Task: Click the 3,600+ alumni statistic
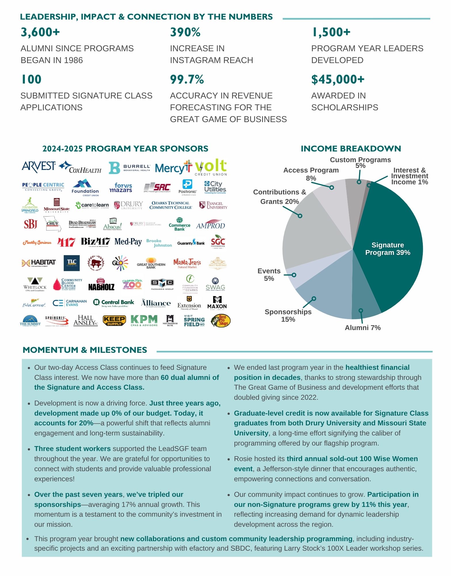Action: pos(40,32)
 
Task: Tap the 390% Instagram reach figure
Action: pos(185,32)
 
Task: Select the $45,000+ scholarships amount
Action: pos(338,79)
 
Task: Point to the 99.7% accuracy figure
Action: pos(187,79)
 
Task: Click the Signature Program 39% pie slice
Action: pos(387,249)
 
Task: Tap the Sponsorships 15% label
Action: pos(288,316)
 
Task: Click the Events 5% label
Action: pos(269,275)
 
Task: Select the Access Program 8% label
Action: pos(311,174)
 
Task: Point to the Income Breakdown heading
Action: pos(351,149)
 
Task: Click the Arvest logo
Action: pos(39,167)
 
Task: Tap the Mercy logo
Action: pos(173,167)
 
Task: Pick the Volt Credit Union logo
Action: pos(211,167)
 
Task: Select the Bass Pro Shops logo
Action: pos(221,321)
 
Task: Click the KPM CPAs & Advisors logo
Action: pos(144,321)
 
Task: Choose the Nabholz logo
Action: pos(101,285)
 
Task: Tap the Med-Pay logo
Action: pos(128,242)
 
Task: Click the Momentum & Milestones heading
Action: pos(85,350)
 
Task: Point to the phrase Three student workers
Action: pos(72,449)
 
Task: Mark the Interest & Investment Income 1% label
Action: pos(409,176)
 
